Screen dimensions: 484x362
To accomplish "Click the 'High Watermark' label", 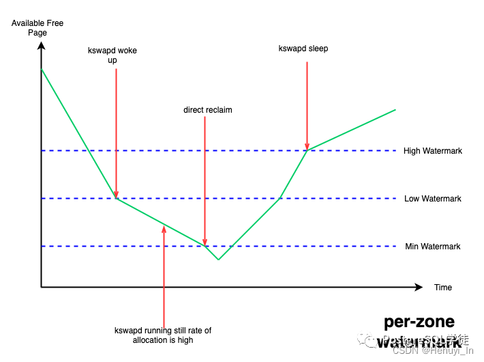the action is [432, 151].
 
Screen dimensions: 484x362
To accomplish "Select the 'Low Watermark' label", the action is [432, 199].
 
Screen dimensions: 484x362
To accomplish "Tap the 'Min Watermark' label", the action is [432, 247].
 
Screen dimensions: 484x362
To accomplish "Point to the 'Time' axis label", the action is [443, 288].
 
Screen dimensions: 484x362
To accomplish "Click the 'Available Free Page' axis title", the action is [37, 28].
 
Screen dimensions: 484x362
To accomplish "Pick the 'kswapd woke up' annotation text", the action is [112, 55].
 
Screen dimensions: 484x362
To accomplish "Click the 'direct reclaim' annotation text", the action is [208, 110].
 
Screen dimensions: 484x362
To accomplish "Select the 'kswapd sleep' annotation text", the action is [303, 48].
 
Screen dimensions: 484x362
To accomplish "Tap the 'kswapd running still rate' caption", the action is [163, 335].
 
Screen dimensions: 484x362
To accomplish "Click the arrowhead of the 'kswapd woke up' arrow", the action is [117, 195].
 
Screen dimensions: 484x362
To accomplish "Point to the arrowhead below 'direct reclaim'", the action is [205, 242].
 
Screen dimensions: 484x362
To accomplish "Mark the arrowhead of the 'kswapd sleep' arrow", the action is [307, 147].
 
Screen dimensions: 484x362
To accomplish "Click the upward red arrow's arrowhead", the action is [164, 227].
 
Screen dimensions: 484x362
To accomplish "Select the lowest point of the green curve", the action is [218, 260].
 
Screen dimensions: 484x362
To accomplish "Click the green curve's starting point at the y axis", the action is [42, 69].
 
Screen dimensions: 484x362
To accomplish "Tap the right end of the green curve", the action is [395, 109].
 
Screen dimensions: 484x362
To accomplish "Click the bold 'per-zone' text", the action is [419, 322].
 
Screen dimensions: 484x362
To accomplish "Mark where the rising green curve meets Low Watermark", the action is [280, 199].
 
